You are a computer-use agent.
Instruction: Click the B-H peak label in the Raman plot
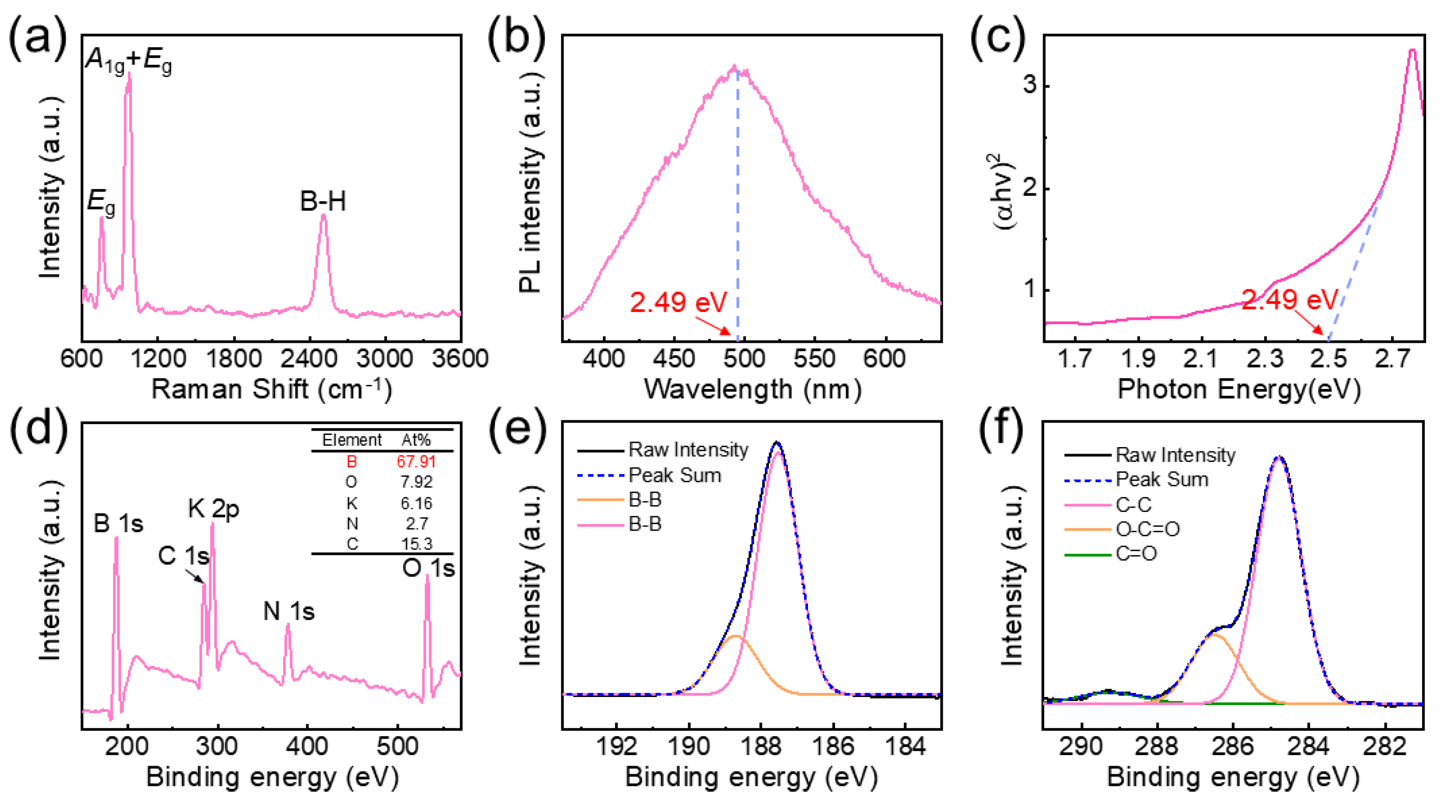pyautogui.click(x=323, y=201)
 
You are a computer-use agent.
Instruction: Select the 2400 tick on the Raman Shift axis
pyautogui.click(x=309, y=358)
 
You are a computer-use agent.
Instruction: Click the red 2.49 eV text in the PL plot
pyautogui.click(x=678, y=302)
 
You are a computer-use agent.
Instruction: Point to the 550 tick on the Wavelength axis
pyautogui.click(x=814, y=358)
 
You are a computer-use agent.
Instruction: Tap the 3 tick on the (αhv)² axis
pyautogui.click(x=1029, y=86)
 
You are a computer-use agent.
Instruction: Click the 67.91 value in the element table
pyautogui.click(x=416, y=461)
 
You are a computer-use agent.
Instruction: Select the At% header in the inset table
pyautogui.click(x=416, y=440)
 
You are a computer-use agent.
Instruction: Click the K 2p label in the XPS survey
pyautogui.click(x=214, y=508)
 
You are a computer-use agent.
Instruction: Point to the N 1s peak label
pyautogui.click(x=288, y=611)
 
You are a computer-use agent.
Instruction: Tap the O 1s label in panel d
pyautogui.click(x=428, y=568)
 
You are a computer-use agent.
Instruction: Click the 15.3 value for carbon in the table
pyautogui.click(x=416, y=544)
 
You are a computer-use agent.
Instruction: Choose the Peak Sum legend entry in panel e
pyautogui.click(x=674, y=475)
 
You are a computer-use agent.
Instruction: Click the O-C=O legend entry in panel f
pyautogui.click(x=1147, y=528)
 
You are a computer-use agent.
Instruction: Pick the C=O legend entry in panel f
pyautogui.click(x=1136, y=554)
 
